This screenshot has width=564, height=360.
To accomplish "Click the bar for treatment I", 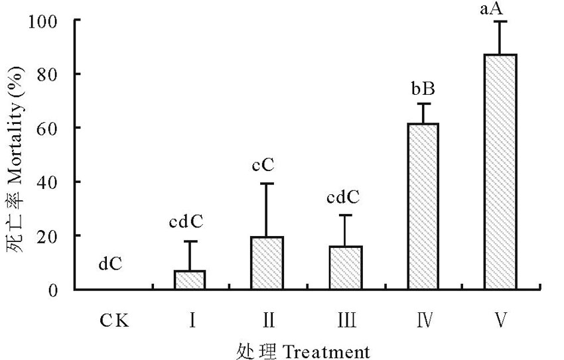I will [189, 280].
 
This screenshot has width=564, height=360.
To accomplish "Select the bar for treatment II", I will [267, 263].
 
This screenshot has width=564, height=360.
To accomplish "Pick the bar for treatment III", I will [346, 268].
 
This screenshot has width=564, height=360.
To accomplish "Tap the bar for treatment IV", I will [423, 206].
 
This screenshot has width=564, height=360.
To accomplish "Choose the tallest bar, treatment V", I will [501, 172].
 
